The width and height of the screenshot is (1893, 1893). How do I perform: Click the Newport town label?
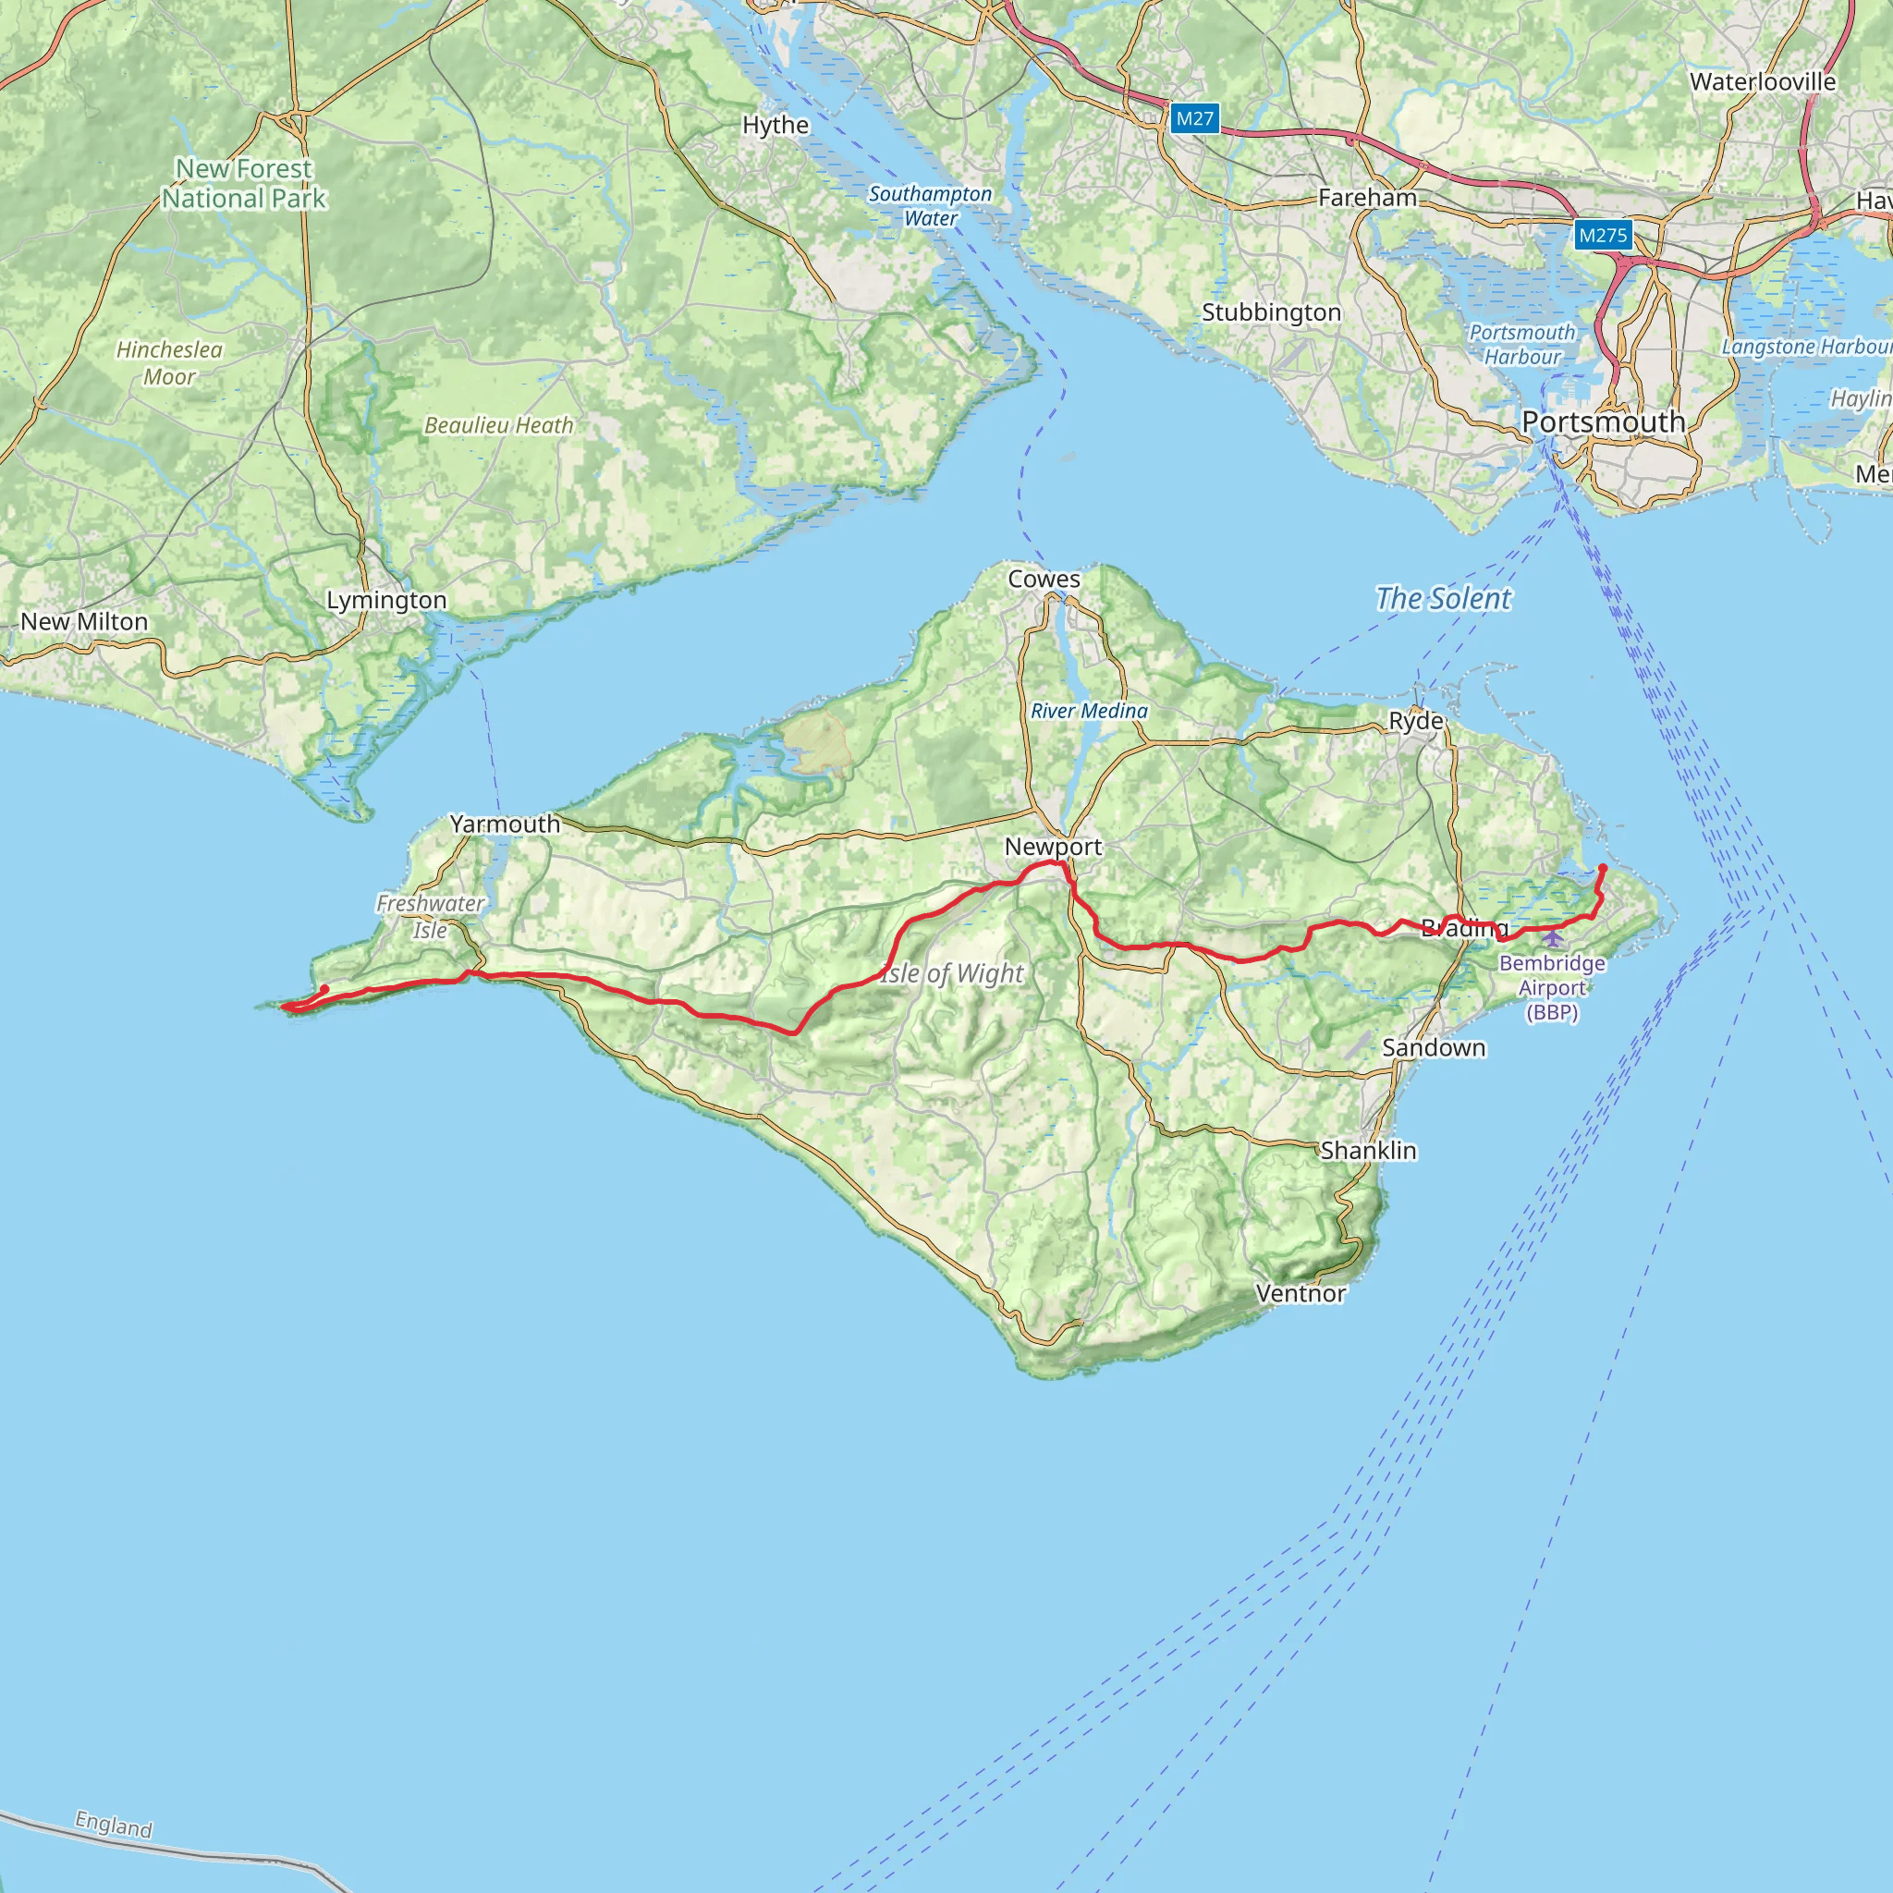point(1054,847)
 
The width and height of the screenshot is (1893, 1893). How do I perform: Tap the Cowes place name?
point(1044,579)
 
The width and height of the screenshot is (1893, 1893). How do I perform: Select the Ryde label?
point(1416,721)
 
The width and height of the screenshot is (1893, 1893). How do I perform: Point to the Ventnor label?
point(1301,1293)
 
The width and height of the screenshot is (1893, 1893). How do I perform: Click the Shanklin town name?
point(1368,1150)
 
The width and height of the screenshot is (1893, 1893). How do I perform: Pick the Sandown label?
point(1434,1047)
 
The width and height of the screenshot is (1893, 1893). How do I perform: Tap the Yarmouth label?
point(505,824)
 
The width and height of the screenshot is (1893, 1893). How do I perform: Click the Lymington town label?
point(386,600)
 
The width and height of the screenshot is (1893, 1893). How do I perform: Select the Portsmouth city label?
point(1603,422)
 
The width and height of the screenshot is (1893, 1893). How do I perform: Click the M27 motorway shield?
point(1194,118)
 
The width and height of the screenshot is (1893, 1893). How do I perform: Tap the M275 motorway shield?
point(1603,235)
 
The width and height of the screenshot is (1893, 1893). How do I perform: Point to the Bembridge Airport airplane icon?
point(1553,940)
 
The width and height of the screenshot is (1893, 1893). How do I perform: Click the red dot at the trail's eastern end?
point(1602,867)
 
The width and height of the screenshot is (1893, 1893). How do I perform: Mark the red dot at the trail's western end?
point(324,989)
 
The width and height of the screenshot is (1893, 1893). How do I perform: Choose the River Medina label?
point(1089,711)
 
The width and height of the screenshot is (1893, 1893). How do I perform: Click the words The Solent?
point(1442,598)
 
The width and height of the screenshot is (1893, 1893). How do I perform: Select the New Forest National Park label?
point(244,183)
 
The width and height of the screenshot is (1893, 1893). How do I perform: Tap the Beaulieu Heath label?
point(499,425)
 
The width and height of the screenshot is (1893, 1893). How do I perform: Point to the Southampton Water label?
point(930,206)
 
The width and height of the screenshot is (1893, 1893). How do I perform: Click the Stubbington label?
point(1271,312)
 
